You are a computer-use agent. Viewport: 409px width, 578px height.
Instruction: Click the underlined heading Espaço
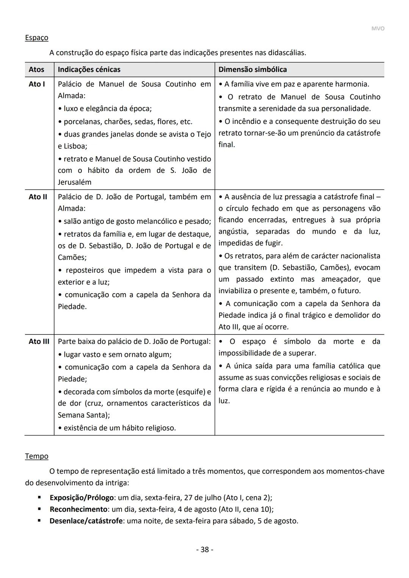coord(36,38)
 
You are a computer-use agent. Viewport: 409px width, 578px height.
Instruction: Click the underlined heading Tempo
coord(36,456)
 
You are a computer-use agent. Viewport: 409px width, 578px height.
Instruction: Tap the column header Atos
coord(36,70)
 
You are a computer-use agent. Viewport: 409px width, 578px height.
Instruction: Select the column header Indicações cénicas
coord(89,70)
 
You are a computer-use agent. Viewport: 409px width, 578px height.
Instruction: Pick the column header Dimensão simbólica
coord(253,70)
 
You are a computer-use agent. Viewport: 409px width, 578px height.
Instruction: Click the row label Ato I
coord(37,84)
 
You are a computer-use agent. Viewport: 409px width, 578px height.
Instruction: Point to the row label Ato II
coord(38,197)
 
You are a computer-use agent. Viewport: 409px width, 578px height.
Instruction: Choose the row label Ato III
coord(39,342)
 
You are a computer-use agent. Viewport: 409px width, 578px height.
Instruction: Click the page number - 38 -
coord(204,550)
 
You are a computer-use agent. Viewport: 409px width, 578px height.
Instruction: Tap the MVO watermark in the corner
coord(378,29)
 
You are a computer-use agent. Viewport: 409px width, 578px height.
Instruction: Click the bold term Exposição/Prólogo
coord(81,498)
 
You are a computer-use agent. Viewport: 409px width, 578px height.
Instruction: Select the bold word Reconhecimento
coord(78,509)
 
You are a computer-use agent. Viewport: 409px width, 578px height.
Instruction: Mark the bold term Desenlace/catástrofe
coord(86,521)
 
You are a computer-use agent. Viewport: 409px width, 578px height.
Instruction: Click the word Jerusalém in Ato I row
coord(75,182)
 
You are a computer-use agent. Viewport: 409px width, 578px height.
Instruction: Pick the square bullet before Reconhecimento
coord(39,509)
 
